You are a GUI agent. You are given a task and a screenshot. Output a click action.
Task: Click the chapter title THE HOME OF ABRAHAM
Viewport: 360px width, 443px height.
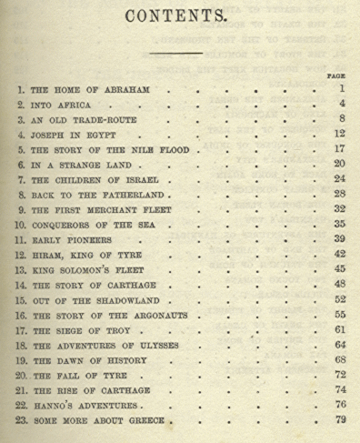point(89,92)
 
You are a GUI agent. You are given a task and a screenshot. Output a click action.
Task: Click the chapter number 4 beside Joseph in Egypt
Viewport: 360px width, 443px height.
point(20,136)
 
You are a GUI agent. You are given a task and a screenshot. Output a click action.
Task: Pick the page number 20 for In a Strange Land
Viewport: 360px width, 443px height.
point(338,165)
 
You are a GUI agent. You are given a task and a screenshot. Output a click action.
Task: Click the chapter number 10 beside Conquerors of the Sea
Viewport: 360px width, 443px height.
point(22,225)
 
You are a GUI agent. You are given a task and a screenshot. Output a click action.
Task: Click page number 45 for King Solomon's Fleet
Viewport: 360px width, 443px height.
point(338,269)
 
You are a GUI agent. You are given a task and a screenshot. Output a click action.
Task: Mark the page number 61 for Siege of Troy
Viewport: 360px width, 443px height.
point(338,329)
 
